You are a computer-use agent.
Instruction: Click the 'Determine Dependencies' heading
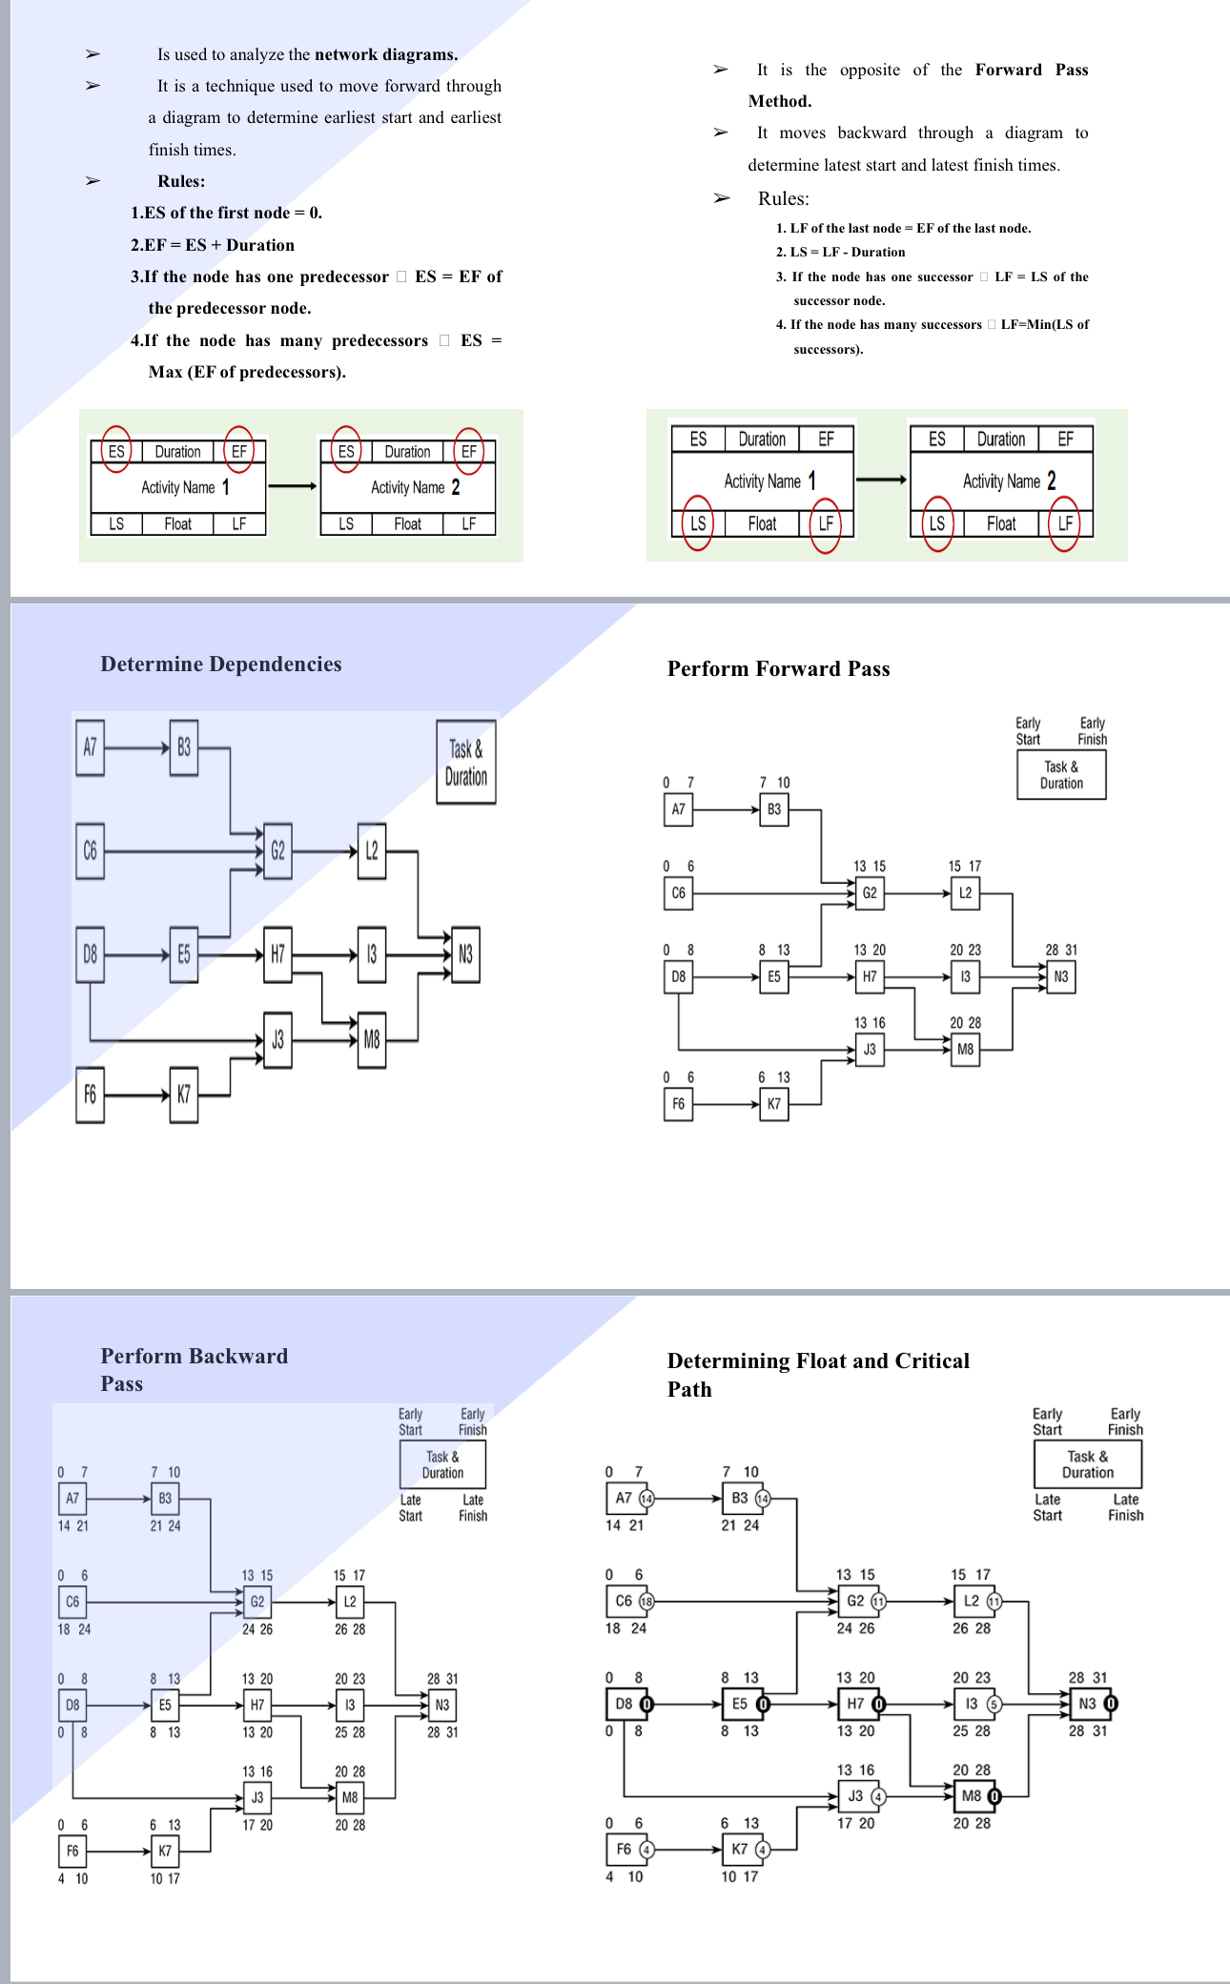pyautogui.click(x=220, y=665)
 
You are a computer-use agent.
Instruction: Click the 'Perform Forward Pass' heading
pyautogui.click(x=778, y=669)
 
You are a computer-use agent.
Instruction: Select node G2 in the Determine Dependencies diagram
pyautogui.click(x=277, y=850)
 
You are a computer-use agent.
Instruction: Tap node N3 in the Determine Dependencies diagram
pyautogui.click(x=465, y=954)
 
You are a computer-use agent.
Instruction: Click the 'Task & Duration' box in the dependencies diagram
pyautogui.click(x=465, y=763)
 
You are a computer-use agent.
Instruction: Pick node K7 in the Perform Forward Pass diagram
pyautogui.click(x=773, y=1104)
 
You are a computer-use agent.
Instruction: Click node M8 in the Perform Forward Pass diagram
pyautogui.click(x=965, y=1050)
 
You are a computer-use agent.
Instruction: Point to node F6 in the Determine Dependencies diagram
pyautogui.click(x=90, y=1094)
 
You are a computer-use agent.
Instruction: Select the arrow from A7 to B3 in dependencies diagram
pyautogui.click(x=136, y=748)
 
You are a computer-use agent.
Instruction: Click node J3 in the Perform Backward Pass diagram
pyautogui.click(x=257, y=1798)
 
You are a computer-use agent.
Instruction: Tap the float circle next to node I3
pyautogui.click(x=994, y=1704)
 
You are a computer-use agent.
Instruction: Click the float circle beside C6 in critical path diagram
pyautogui.click(x=646, y=1602)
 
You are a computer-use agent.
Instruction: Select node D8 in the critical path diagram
pyautogui.click(x=624, y=1704)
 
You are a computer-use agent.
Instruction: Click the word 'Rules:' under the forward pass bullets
pyautogui.click(x=181, y=181)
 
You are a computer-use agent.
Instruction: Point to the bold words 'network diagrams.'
pyautogui.click(x=386, y=54)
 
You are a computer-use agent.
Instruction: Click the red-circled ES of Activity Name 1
pyautogui.click(x=116, y=451)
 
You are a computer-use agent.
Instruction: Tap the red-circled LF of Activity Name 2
pyautogui.click(x=1064, y=523)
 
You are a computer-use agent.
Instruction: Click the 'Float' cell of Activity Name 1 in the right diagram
pyautogui.click(x=762, y=523)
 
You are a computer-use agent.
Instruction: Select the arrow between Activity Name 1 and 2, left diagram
pyautogui.click(x=292, y=486)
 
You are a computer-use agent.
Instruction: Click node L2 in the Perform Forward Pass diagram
pyautogui.click(x=965, y=893)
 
